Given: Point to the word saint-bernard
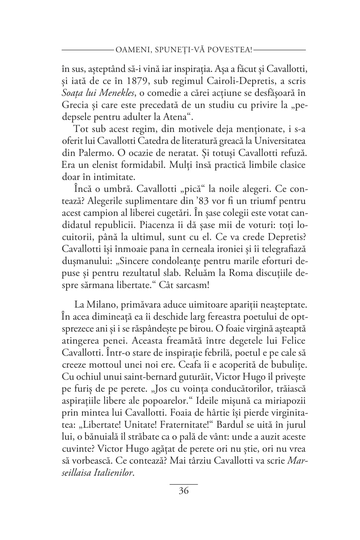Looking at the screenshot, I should [x=146, y=377].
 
